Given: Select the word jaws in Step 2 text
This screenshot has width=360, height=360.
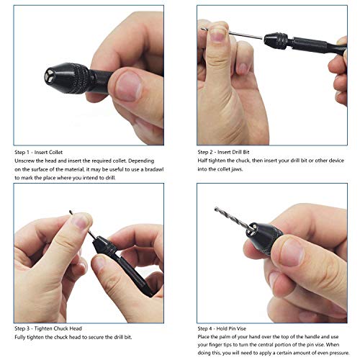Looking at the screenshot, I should click(249, 169).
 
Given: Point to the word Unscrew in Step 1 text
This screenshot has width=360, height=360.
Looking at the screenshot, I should click(25, 161).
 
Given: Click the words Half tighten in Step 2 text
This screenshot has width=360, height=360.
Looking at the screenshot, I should click(214, 161).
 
